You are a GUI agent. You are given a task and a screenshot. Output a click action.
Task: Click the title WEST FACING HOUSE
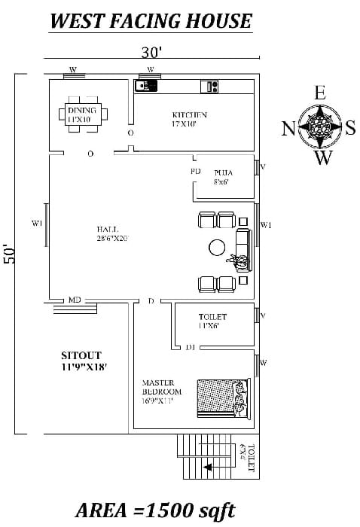(150, 20)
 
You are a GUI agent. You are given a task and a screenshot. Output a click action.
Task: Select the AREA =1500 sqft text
(155, 510)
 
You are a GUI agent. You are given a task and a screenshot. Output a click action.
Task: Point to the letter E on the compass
(320, 93)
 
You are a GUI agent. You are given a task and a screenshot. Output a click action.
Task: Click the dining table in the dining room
(83, 114)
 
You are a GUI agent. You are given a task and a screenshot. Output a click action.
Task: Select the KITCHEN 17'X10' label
(189, 119)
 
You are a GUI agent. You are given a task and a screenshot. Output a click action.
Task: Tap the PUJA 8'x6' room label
(222, 176)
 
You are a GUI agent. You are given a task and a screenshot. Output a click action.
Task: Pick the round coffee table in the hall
(217, 247)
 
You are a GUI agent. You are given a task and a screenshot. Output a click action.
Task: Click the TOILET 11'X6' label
(212, 321)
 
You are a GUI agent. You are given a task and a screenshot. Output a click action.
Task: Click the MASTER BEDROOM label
(162, 391)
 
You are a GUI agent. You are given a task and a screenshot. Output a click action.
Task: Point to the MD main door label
(75, 300)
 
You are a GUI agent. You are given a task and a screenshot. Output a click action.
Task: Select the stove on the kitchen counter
(209, 86)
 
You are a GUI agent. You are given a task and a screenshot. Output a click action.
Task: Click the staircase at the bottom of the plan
(206, 455)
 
